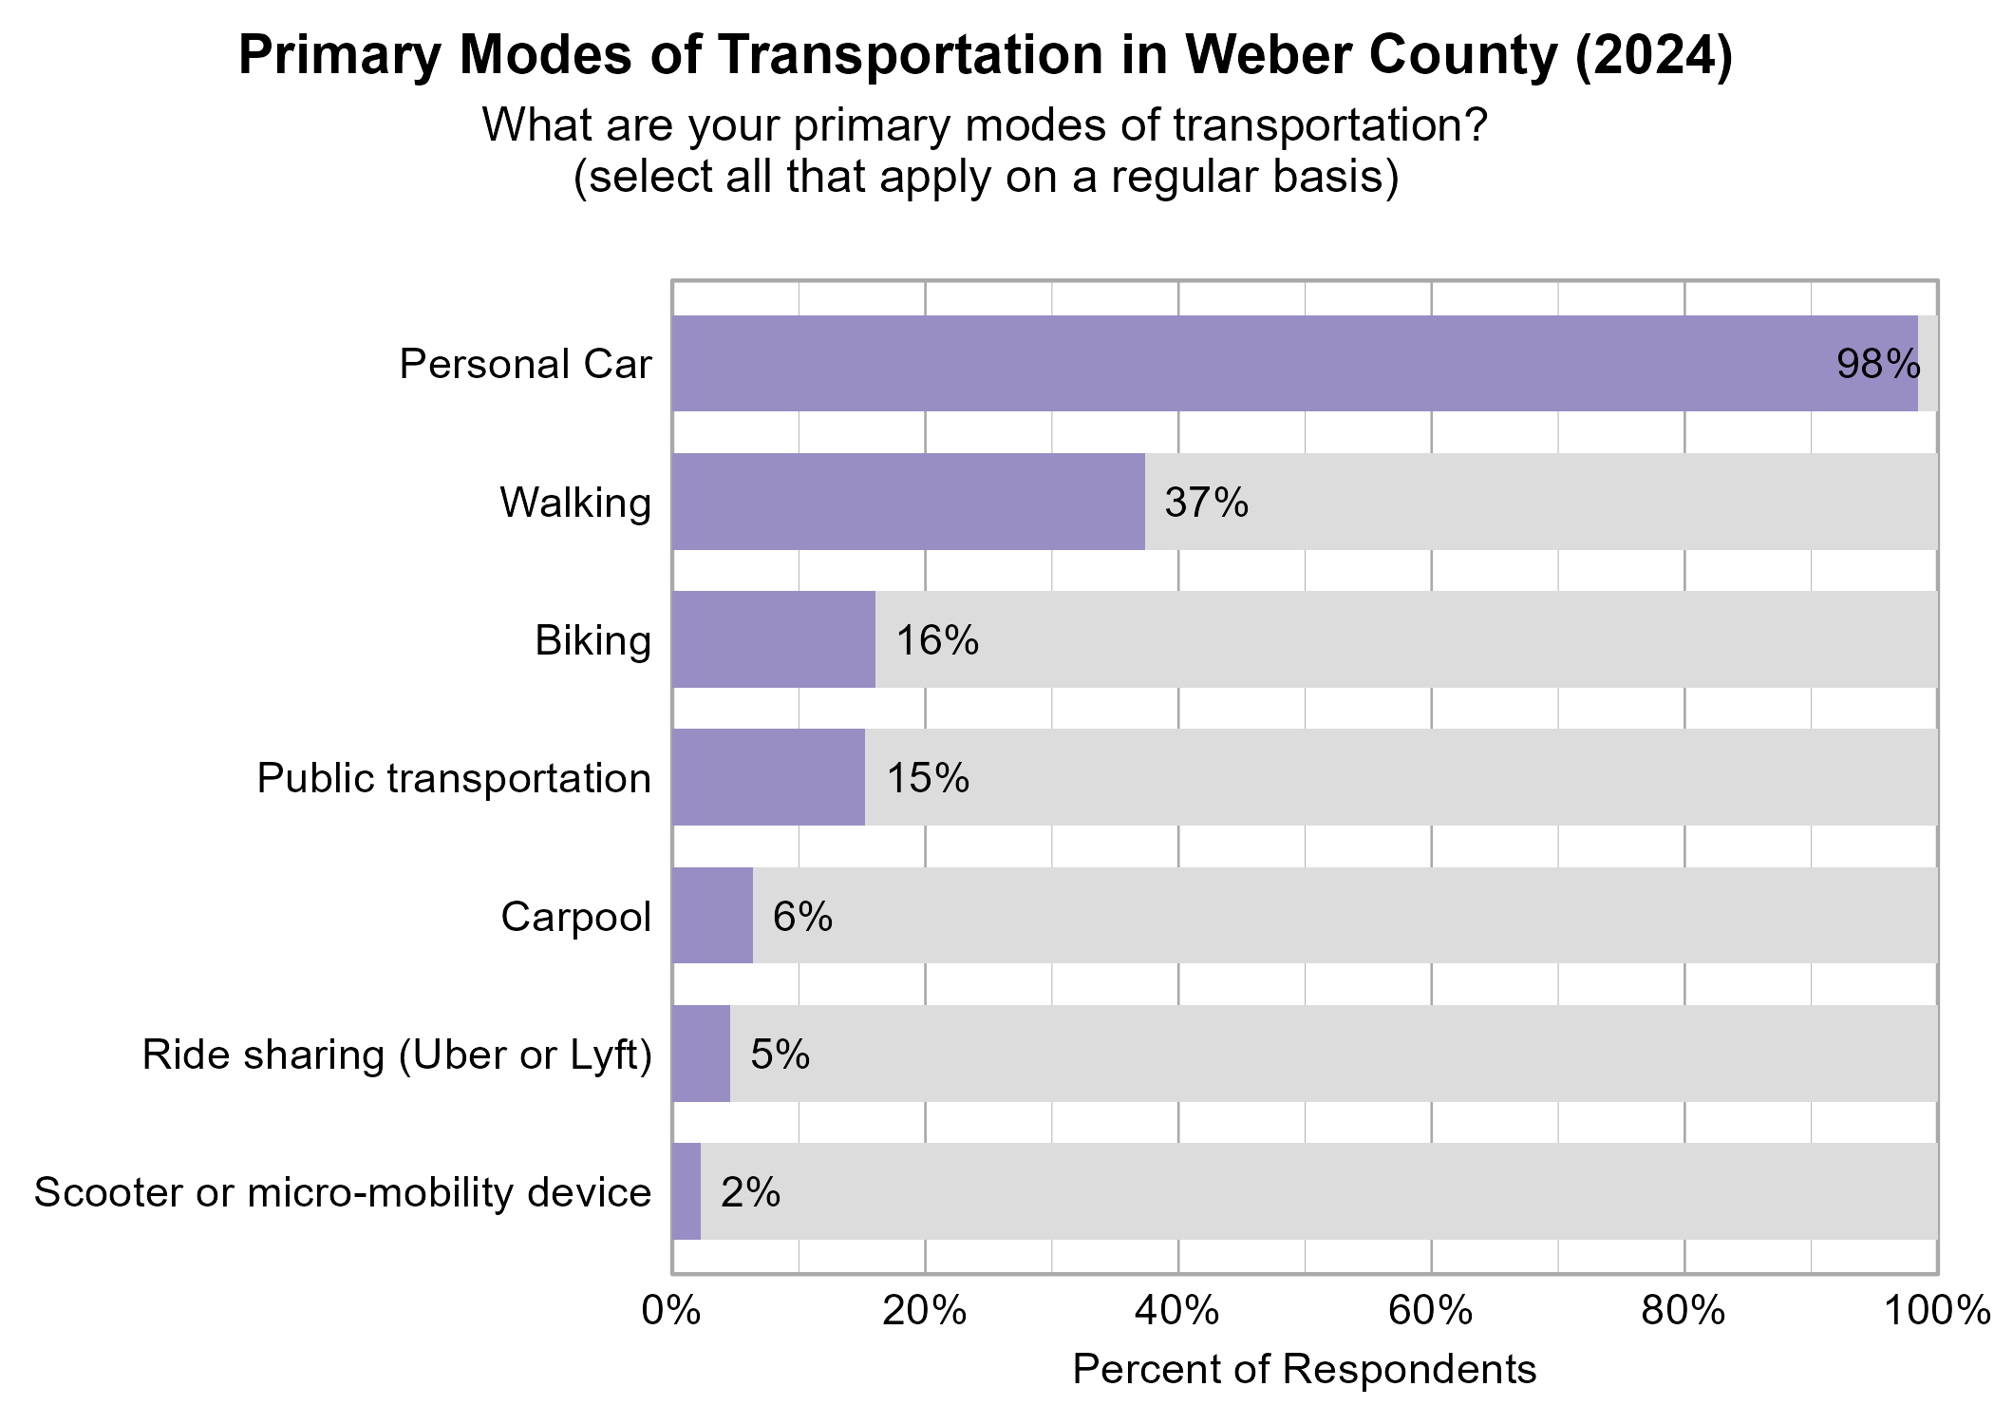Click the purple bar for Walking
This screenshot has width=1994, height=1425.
coord(908,502)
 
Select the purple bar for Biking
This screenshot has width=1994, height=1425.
coord(773,639)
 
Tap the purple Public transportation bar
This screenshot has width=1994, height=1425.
coord(768,777)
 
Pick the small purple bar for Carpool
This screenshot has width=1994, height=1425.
coord(712,916)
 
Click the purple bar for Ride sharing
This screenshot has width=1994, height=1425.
coord(701,1054)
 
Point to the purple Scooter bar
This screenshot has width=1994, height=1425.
coord(687,1191)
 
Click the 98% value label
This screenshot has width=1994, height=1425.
coord(1877,365)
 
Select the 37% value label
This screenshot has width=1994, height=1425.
coord(1206,503)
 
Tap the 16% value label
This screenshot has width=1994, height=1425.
coord(936,640)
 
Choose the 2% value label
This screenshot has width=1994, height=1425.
coord(750,1192)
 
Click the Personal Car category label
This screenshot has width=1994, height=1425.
coord(525,365)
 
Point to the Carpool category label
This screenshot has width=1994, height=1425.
coord(575,917)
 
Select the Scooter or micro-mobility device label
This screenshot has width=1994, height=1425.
coord(343,1192)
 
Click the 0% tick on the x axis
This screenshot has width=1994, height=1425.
coord(671,1311)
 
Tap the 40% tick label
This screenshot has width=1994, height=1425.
coord(1177,1311)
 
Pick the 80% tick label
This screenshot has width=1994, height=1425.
coord(1684,1311)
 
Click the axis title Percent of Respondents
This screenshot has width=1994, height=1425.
coord(1304,1370)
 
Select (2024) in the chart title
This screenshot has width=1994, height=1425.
coord(1653,55)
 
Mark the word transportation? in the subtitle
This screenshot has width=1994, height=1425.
coord(1329,125)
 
